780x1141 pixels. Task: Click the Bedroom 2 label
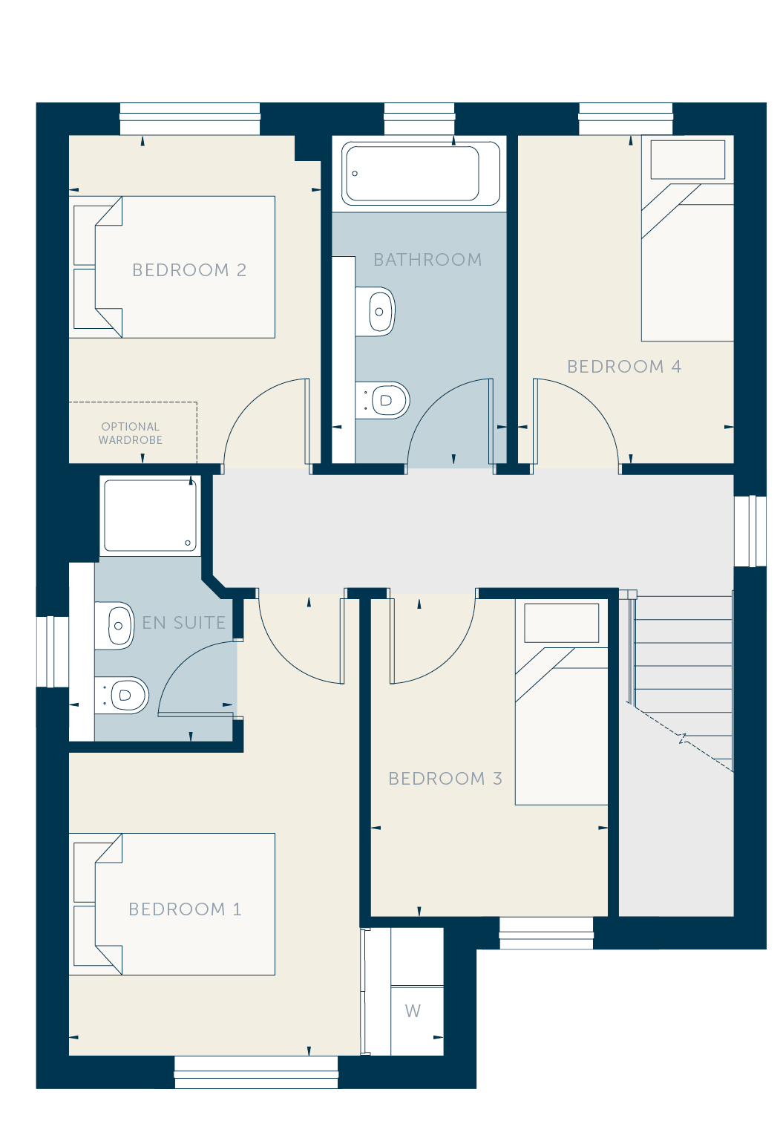[189, 270]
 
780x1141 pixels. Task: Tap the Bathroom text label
[427, 260]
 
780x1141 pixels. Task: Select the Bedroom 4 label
[624, 366]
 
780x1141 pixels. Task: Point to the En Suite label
[184, 622]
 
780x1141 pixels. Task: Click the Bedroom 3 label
[445, 778]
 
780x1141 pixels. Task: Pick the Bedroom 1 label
[185, 909]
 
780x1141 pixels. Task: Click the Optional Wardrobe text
[131, 433]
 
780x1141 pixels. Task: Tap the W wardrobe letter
[413, 1010]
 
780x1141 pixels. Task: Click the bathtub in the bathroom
[421, 173]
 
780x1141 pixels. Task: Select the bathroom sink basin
[376, 311]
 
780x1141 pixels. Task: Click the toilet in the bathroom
[383, 400]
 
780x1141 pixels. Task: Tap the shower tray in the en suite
[150, 515]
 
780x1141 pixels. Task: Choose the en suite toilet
[122, 695]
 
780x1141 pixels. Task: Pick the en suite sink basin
[114, 626]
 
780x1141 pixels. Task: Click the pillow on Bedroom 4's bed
[688, 160]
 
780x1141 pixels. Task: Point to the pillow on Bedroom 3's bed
[562, 623]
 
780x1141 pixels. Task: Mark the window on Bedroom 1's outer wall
[256, 1072]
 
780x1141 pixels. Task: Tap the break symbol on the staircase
[683, 738]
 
